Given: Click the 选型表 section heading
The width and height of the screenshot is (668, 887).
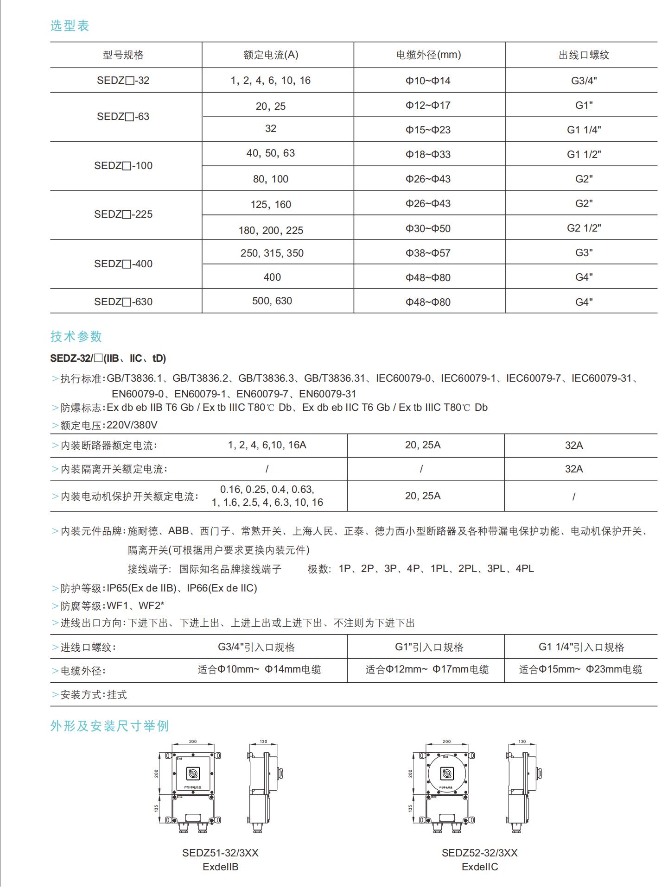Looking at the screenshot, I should (x=70, y=26).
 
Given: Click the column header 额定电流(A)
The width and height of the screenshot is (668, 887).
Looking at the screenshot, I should (x=271, y=55).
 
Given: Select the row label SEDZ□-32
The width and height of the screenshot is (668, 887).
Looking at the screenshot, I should (x=123, y=80).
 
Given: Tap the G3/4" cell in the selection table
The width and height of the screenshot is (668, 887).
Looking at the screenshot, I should (x=584, y=81).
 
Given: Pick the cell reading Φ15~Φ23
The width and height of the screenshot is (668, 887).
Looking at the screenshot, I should (x=428, y=130).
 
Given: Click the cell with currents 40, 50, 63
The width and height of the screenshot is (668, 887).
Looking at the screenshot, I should (x=271, y=153).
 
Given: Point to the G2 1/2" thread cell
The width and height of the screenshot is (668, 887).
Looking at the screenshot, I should (x=584, y=228).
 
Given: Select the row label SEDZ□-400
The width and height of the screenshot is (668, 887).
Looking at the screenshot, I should (x=123, y=264).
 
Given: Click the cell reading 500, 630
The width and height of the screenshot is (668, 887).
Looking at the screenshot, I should (x=272, y=301).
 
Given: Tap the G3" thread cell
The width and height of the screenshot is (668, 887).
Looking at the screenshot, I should (x=584, y=252).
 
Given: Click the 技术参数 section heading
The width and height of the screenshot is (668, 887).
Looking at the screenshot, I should (x=76, y=336).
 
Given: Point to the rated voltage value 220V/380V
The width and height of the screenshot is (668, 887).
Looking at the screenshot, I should (x=132, y=425).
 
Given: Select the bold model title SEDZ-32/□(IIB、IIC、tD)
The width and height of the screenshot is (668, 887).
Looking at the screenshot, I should (x=108, y=358).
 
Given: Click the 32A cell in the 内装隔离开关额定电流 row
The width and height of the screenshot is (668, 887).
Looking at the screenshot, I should (x=573, y=469).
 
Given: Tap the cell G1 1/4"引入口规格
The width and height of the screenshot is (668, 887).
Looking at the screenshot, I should (x=581, y=647).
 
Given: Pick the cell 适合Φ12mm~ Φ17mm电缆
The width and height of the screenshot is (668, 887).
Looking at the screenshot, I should (x=427, y=669).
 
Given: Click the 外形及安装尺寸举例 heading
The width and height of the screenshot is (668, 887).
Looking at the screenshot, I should (x=109, y=726).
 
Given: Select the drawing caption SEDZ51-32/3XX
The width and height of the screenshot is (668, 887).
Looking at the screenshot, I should (x=220, y=853).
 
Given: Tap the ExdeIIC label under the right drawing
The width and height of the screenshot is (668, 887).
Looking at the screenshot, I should (x=480, y=867).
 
